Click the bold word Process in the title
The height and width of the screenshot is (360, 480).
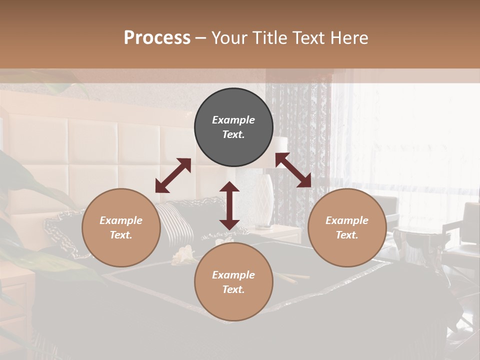[157, 38]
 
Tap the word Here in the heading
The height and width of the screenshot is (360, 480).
[349, 38]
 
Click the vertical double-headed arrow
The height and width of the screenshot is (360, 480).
[229, 205]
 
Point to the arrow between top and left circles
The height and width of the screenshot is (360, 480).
[173, 175]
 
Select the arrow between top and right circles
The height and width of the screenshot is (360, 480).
[293, 170]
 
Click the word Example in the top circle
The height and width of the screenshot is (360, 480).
[233, 120]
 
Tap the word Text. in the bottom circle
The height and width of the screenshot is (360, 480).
[233, 289]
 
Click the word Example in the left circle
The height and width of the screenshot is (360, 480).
[121, 220]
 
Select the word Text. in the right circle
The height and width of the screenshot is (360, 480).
[347, 235]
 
